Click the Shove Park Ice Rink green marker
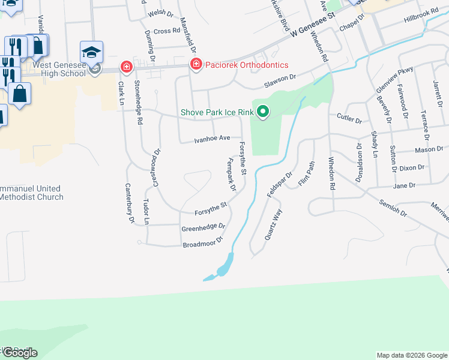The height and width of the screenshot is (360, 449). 262,112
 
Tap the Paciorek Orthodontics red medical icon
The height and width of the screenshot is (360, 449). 195,65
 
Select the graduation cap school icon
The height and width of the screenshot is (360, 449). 92,52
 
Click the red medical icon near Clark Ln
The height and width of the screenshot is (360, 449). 126,66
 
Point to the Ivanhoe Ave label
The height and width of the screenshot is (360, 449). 212,139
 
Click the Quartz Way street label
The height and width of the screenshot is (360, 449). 273,225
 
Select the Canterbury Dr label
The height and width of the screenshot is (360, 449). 130,203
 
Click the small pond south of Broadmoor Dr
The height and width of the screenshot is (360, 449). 223,265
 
